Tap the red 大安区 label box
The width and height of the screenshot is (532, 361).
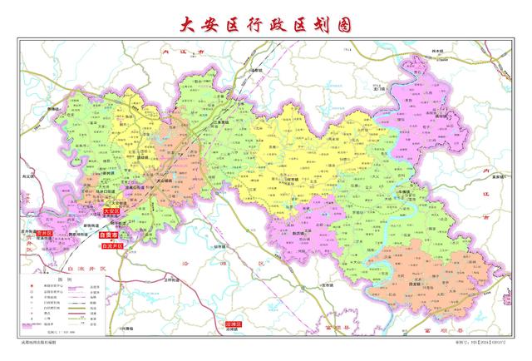(x=111, y=212)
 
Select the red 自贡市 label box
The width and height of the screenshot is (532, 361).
(x=106, y=235)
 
